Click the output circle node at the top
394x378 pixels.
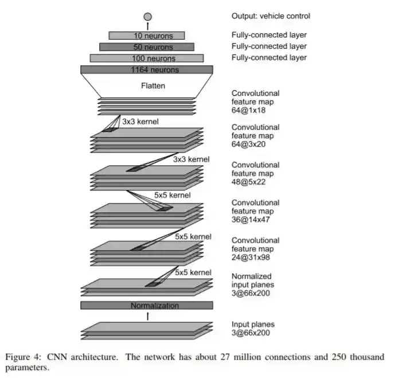click(147, 17)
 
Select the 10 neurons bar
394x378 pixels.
click(147, 36)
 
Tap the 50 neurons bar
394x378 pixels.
click(147, 47)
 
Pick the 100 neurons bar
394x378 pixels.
click(147, 58)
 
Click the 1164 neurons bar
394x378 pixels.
click(147, 70)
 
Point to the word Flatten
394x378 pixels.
click(153, 86)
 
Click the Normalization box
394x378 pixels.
click(147, 306)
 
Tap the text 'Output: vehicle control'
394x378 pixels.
click(271, 17)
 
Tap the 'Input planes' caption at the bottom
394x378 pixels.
click(252, 325)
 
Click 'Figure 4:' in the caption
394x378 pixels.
click(24, 357)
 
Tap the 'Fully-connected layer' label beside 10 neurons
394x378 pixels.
click(268, 35)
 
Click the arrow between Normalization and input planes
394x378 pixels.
click(147, 316)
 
